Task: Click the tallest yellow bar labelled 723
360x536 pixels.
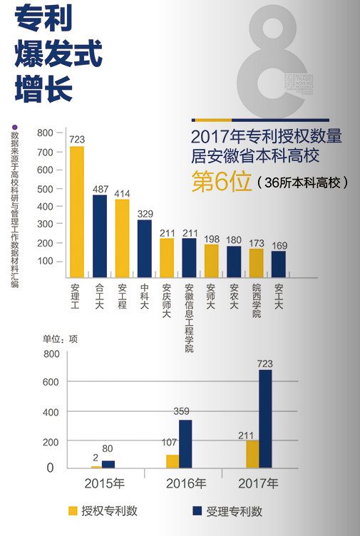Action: click(76, 212)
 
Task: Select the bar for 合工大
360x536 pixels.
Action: click(100, 236)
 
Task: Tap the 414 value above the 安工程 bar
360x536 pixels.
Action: click(122, 193)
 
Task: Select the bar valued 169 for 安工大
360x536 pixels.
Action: click(278, 264)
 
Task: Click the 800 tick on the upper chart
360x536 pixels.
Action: click(45, 133)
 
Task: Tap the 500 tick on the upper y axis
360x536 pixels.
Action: click(45, 188)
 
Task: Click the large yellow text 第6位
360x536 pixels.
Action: click(222, 181)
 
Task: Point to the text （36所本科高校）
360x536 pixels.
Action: click(303, 182)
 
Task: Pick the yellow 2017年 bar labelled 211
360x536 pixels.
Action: click(252, 453)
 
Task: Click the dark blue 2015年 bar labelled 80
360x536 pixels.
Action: click(108, 464)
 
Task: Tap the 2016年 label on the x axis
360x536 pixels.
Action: click(186, 484)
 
